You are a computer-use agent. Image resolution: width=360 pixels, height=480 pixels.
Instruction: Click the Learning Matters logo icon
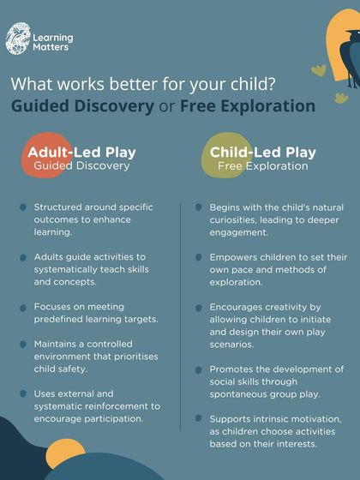(x=16, y=39)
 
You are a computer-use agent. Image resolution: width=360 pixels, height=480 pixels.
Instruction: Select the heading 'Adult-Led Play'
(x=82, y=153)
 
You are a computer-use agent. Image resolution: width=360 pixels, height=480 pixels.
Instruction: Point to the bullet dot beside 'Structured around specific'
(x=23, y=207)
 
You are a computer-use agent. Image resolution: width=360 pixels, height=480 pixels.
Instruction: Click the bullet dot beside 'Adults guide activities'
(x=23, y=257)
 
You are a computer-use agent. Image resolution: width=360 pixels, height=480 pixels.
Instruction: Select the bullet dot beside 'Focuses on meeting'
(x=23, y=307)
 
